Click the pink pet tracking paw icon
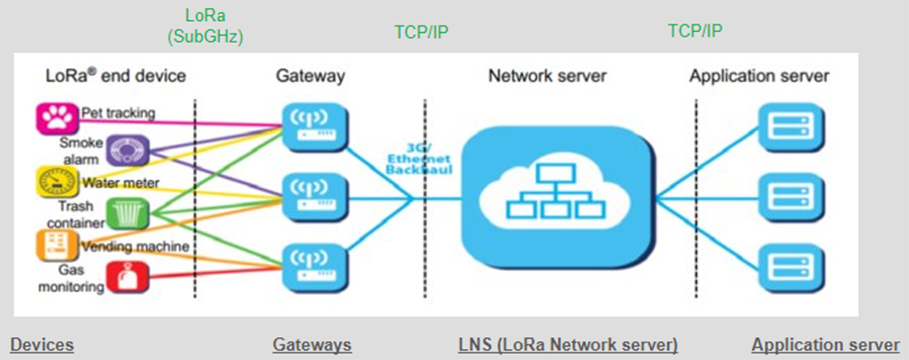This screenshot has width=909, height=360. pos(54,116)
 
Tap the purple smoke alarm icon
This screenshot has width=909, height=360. pos(120,149)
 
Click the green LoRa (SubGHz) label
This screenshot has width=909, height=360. pos(206,27)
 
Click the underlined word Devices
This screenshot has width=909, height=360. pos(42,345)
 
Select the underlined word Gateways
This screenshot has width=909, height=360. pos(312,345)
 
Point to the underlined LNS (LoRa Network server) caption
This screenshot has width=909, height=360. pos(568,345)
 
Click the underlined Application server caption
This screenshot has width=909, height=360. pos(825,345)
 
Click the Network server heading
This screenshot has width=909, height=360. pos(547,76)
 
